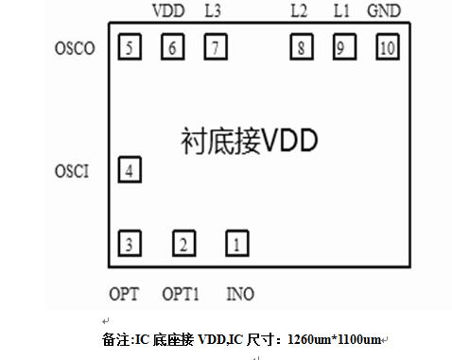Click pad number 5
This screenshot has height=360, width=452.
click(x=130, y=46)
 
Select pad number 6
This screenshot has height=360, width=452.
click(x=172, y=46)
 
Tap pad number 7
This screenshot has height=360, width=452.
click(x=216, y=46)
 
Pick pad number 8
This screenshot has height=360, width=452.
click(x=301, y=46)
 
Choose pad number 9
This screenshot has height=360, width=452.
click(x=343, y=46)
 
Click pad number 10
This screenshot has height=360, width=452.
click(x=387, y=46)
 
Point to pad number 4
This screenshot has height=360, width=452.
click(x=130, y=170)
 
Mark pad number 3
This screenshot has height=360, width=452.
click(x=130, y=244)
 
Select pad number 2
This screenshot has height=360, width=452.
click(x=183, y=244)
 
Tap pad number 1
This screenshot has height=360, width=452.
click(x=236, y=244)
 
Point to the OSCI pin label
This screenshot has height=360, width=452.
click(x=73, y=172)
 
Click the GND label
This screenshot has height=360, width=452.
click(x=383, y=11)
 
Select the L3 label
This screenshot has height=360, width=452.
click(x=214, y=11)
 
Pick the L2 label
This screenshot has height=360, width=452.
click(x=299, y=11)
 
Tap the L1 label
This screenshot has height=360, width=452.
click(x=341, y=11)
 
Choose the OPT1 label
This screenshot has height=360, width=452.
click(x=181, y=294)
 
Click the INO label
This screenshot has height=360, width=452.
click(x=240, y=294)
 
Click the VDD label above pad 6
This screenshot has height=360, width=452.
click(x=169, y=11)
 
